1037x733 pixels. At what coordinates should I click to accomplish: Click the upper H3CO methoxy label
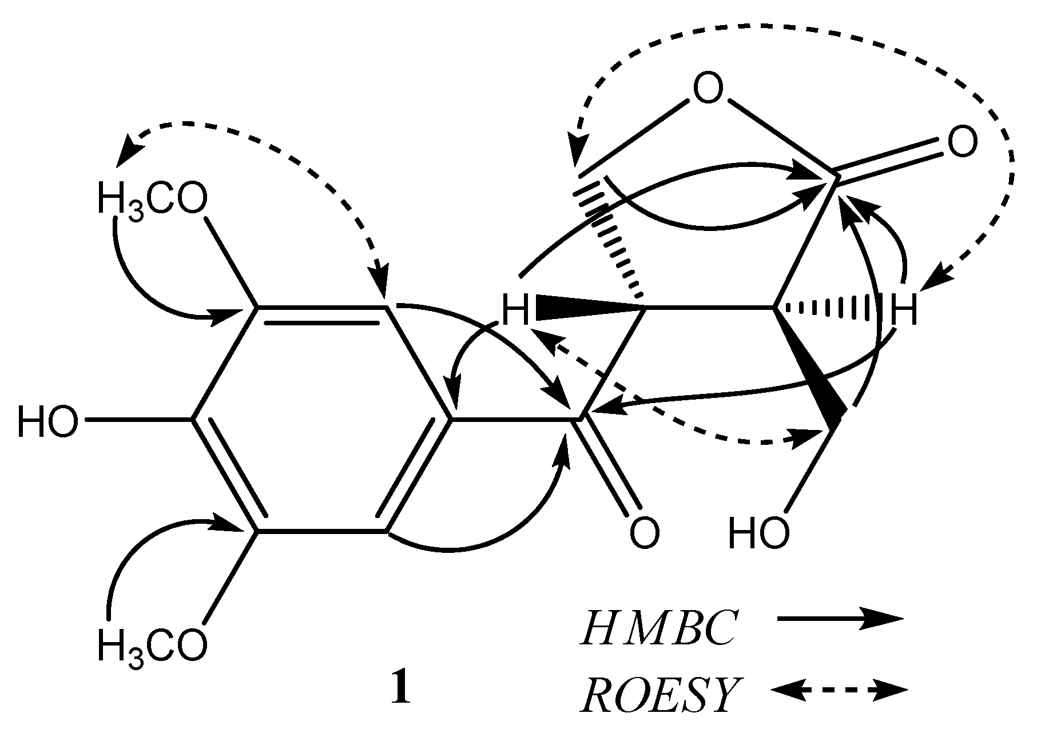click(x=152, y=200)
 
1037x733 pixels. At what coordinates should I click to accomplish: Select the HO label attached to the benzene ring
click(x=47, y=423)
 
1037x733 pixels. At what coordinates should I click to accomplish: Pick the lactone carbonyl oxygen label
click(x=962, y=142)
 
